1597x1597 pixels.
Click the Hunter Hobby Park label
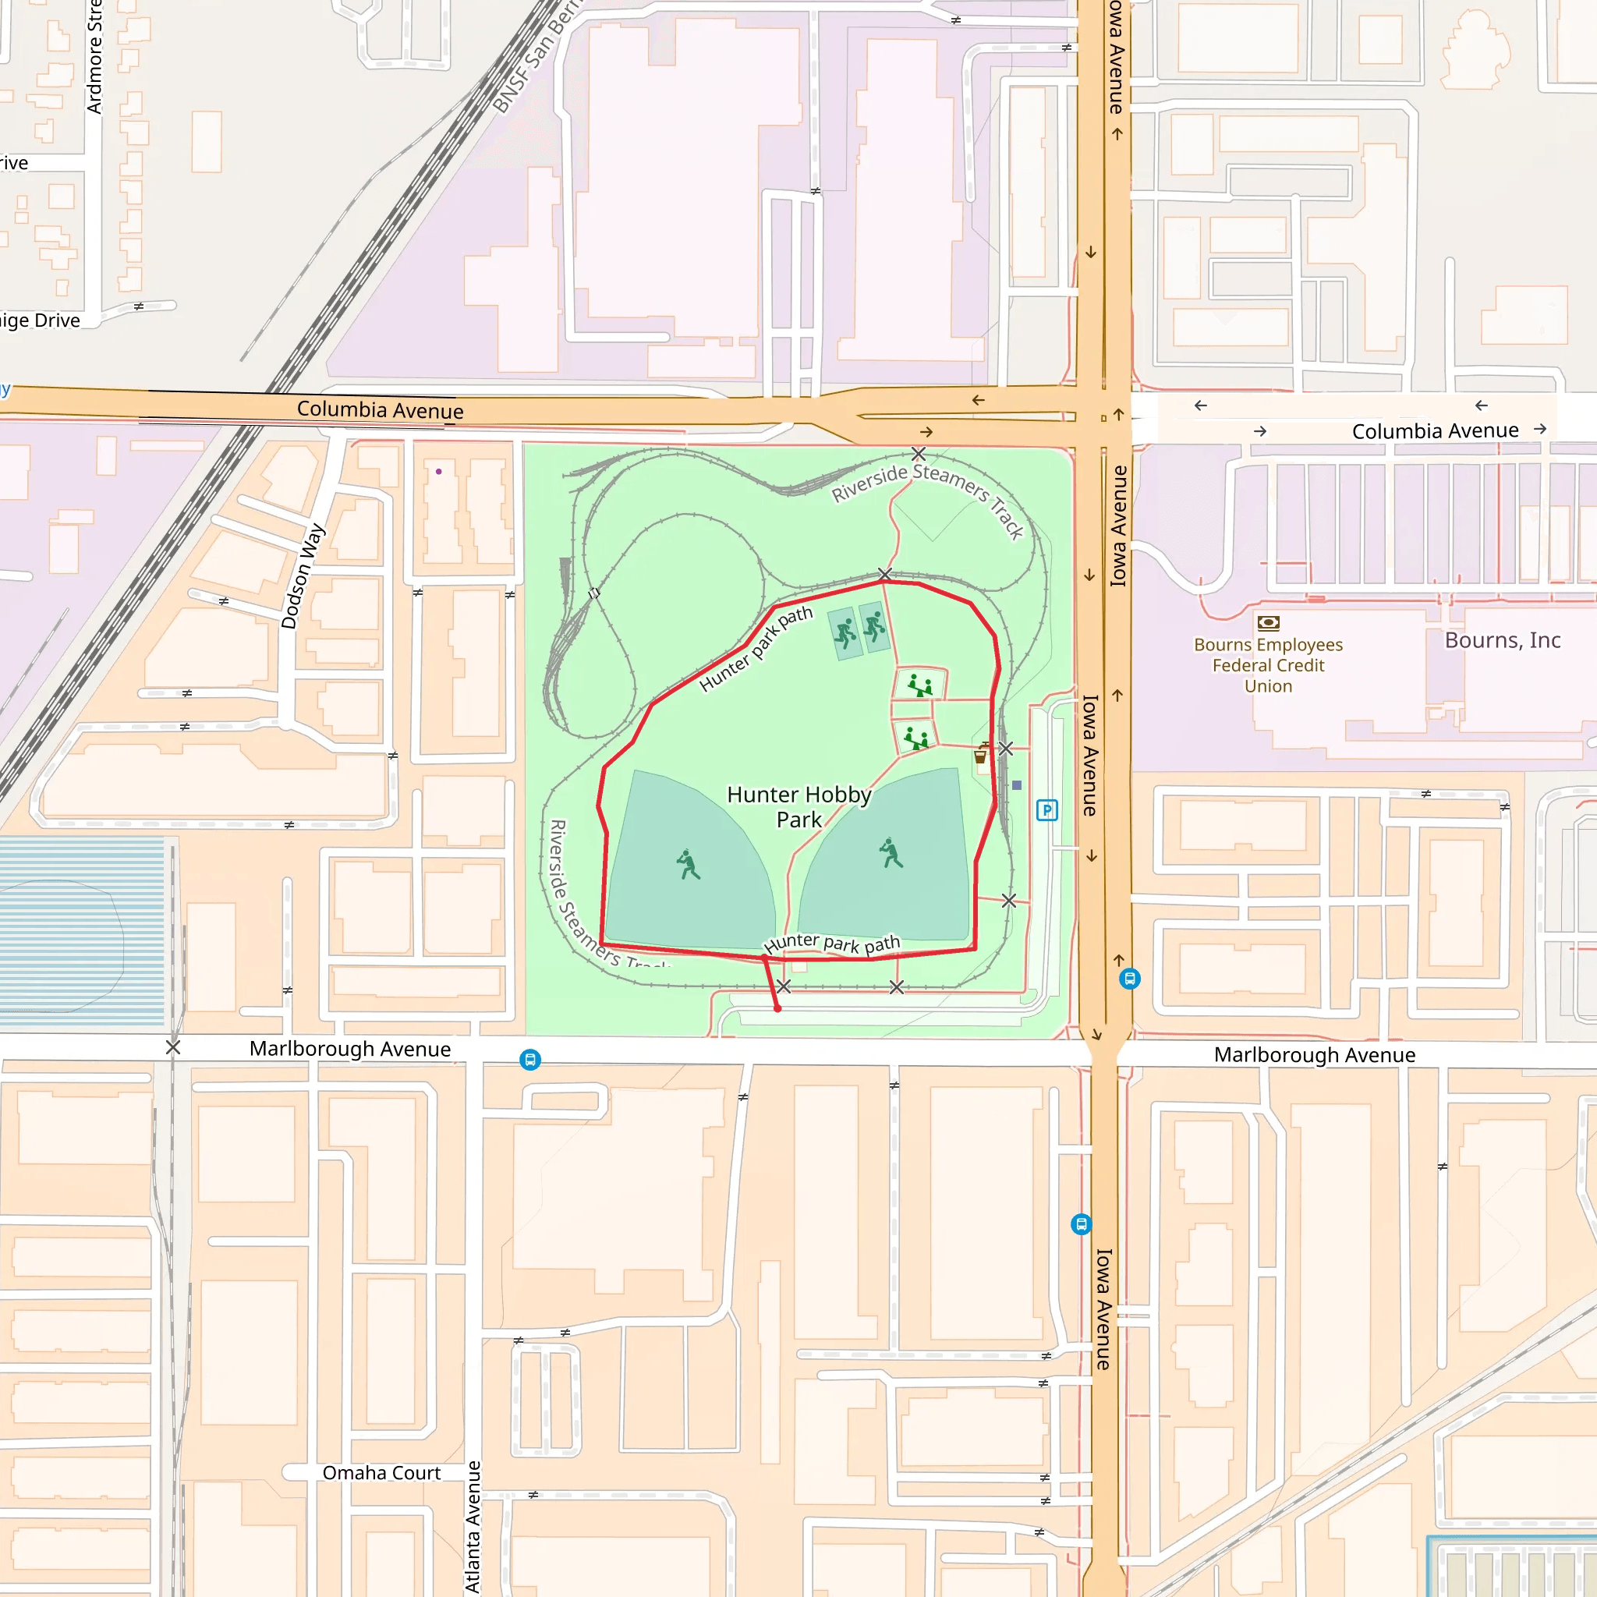pos(798,807)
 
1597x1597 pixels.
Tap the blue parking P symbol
pos(1046,810)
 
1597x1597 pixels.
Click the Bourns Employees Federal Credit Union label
pos(1268,665)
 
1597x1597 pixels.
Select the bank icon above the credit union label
pos(1268,623)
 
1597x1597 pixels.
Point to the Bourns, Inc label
pos(1502,641)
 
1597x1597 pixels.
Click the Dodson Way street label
pos(303,576)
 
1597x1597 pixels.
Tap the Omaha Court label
pos(381,1473)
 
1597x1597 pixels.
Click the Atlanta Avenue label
pos(473,1526)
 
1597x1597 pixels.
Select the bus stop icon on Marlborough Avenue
pos(529,1060)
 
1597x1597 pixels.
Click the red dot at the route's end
pos(777,1008)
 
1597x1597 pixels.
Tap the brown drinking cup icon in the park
pos(980,756)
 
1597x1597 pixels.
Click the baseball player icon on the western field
pos(688,865)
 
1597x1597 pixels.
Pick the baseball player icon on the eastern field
pos(891,853)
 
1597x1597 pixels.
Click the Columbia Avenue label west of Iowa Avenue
pos(381,410)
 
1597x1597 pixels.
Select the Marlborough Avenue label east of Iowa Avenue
pos(1314,1056)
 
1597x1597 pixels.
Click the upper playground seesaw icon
pos(919,685)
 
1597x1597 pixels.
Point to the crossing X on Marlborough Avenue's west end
pos(173,1047)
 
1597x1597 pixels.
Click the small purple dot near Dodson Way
pos(439,471)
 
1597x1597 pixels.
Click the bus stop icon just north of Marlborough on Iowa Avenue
pos(1129,979)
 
